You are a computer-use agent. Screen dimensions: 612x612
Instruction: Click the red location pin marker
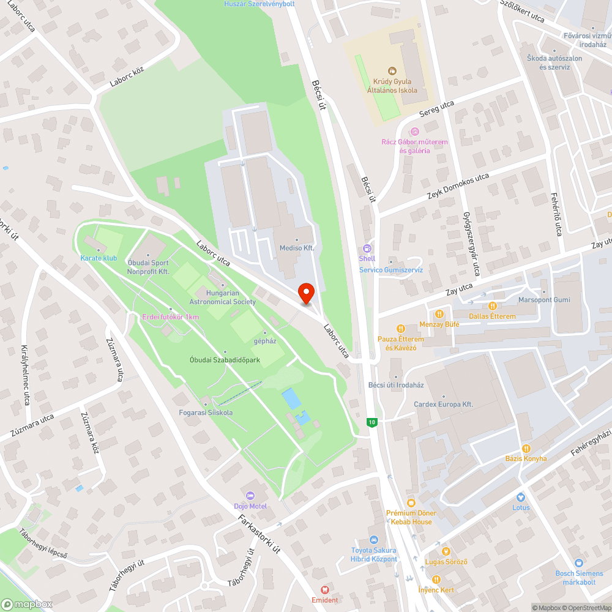(x=305, y=293)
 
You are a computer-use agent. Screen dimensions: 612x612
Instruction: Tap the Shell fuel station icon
(x=367, y=248)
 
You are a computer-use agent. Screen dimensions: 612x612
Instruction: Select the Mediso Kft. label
(x=296, y=248)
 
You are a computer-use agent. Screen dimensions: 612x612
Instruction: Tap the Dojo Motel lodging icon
(x=250, y=495)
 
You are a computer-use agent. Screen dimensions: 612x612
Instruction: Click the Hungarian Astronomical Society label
(x=222, y=297)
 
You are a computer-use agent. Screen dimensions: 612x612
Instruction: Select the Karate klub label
(x=98, y=258)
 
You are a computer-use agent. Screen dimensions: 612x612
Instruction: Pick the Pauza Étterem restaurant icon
(x=401, y=329)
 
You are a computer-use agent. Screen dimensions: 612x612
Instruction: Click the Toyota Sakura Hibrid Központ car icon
(x=374, y=539)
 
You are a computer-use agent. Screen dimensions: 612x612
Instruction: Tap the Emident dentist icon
(x=325, y=589)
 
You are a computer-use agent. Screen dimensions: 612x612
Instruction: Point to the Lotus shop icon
(x=521, y=498)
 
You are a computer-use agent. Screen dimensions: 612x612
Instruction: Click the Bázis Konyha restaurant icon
(x=526, y=448)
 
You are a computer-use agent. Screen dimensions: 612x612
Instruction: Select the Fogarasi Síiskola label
(x=206, y=412)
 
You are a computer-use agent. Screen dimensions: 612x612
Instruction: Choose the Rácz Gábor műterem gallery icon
(x=415, y=132)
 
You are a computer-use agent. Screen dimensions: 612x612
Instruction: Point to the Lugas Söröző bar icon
(x=446, y=552)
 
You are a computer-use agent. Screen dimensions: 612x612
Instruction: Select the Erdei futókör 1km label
(x=170, y=316)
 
